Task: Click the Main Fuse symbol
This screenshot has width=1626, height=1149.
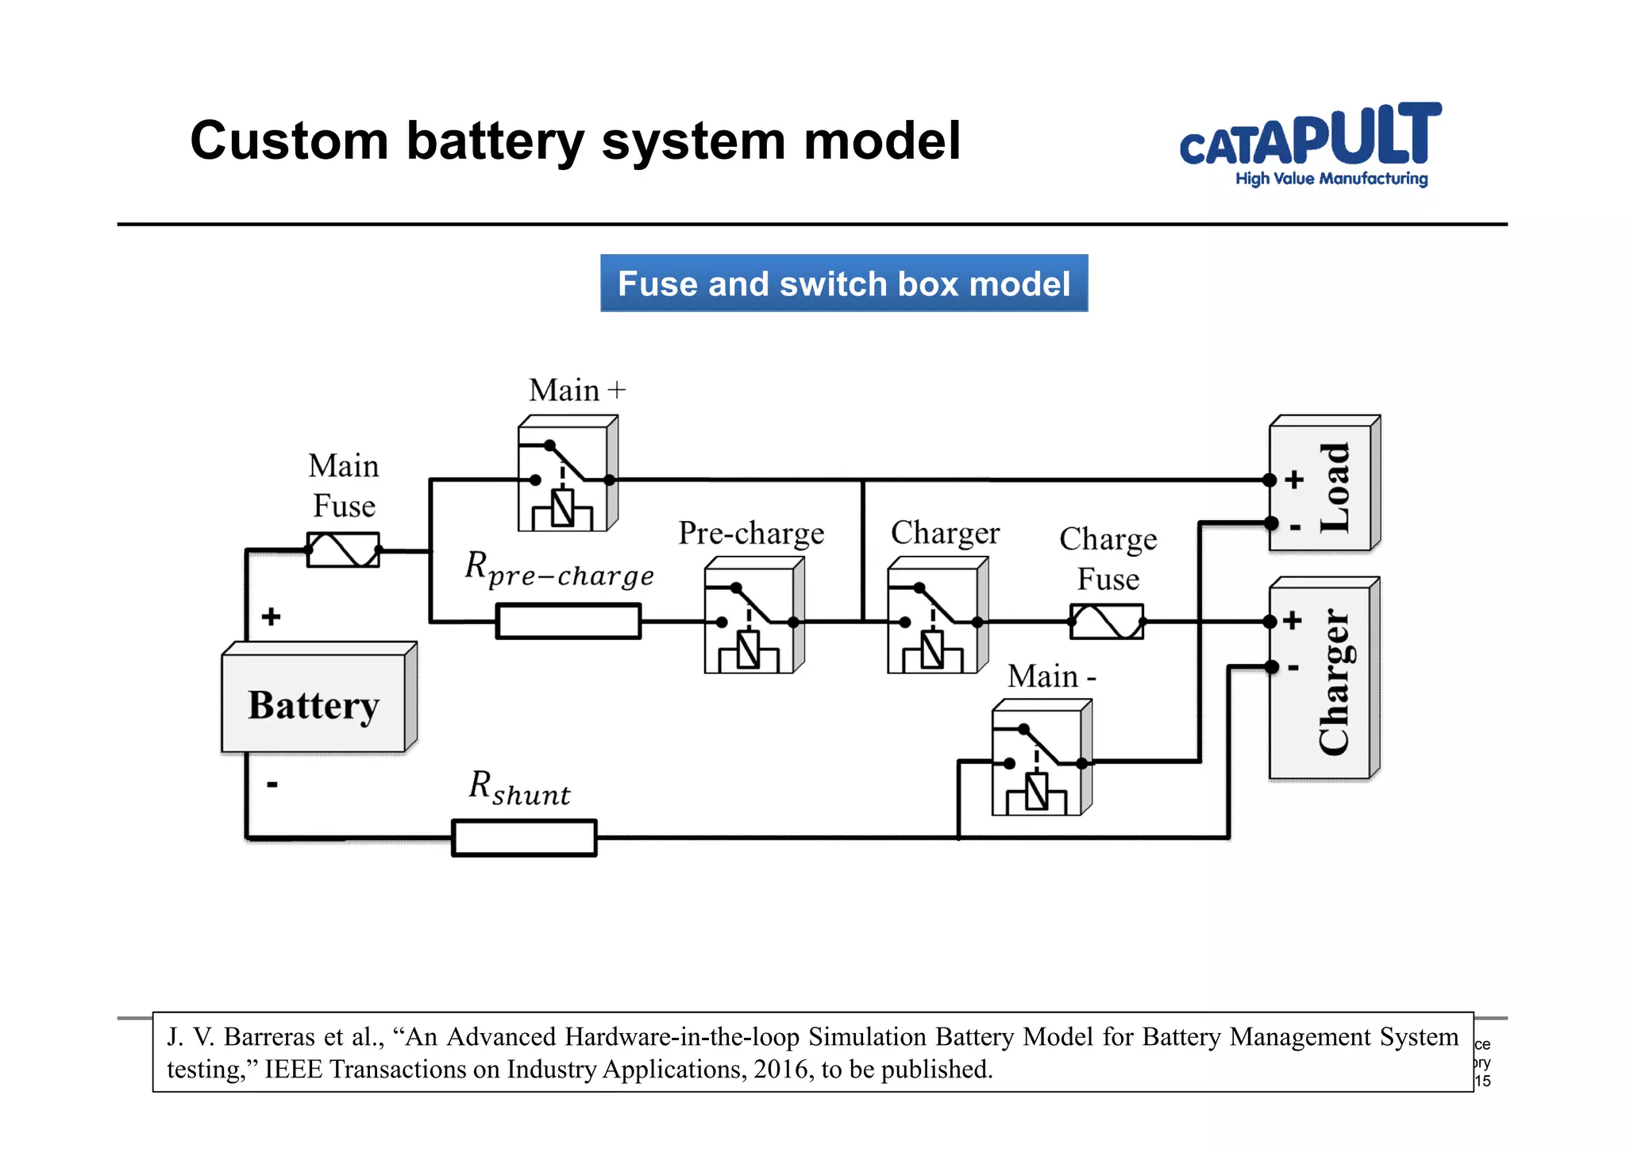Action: [343, 549]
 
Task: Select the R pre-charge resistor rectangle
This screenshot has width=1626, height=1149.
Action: [568, 621]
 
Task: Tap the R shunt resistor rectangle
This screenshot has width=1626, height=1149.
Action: [524, 838]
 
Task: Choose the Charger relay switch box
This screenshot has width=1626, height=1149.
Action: [935, 619]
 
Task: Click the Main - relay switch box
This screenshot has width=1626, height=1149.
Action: [1039, 761]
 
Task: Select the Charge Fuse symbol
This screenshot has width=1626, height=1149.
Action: [1107, 621]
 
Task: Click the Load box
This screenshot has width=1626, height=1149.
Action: [1322, 484]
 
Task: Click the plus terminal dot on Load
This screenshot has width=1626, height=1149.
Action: [1270, 480]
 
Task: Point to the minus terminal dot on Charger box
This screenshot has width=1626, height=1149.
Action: [1271, 667]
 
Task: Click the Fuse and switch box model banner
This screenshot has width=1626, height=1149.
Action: [843, 283]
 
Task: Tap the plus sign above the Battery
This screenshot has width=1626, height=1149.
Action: [272, 616]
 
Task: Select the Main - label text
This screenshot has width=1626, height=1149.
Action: [1051, 677]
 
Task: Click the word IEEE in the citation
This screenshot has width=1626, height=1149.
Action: [293, 1070]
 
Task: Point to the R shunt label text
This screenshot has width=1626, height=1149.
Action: [519, 788]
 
